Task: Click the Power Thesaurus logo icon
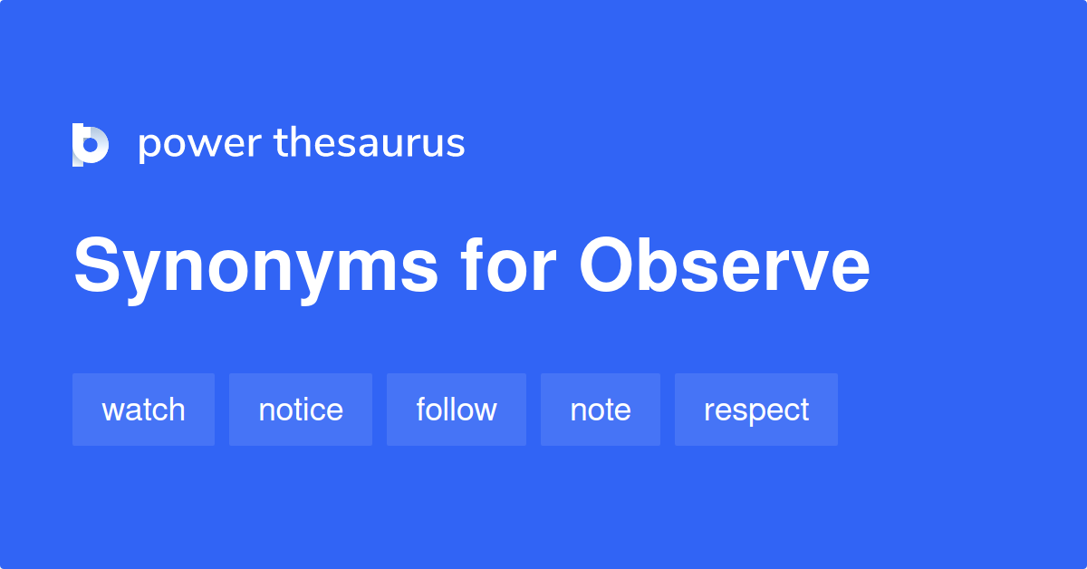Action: click(91, 144)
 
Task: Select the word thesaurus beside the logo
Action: click(370, 143)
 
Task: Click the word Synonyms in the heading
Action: click(256, 267)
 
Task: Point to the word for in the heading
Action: click(507, 266)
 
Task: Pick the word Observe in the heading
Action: click(725, 266)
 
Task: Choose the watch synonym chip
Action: click(143, 410)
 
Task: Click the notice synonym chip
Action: click(301, 410)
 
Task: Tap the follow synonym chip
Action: click(457, 410)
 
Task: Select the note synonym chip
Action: click(601, 410)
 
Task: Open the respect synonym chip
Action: click(756, 410)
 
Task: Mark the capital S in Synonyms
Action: click(96, 266)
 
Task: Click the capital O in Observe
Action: click(609, 266)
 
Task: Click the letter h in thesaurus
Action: click(305, 142)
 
